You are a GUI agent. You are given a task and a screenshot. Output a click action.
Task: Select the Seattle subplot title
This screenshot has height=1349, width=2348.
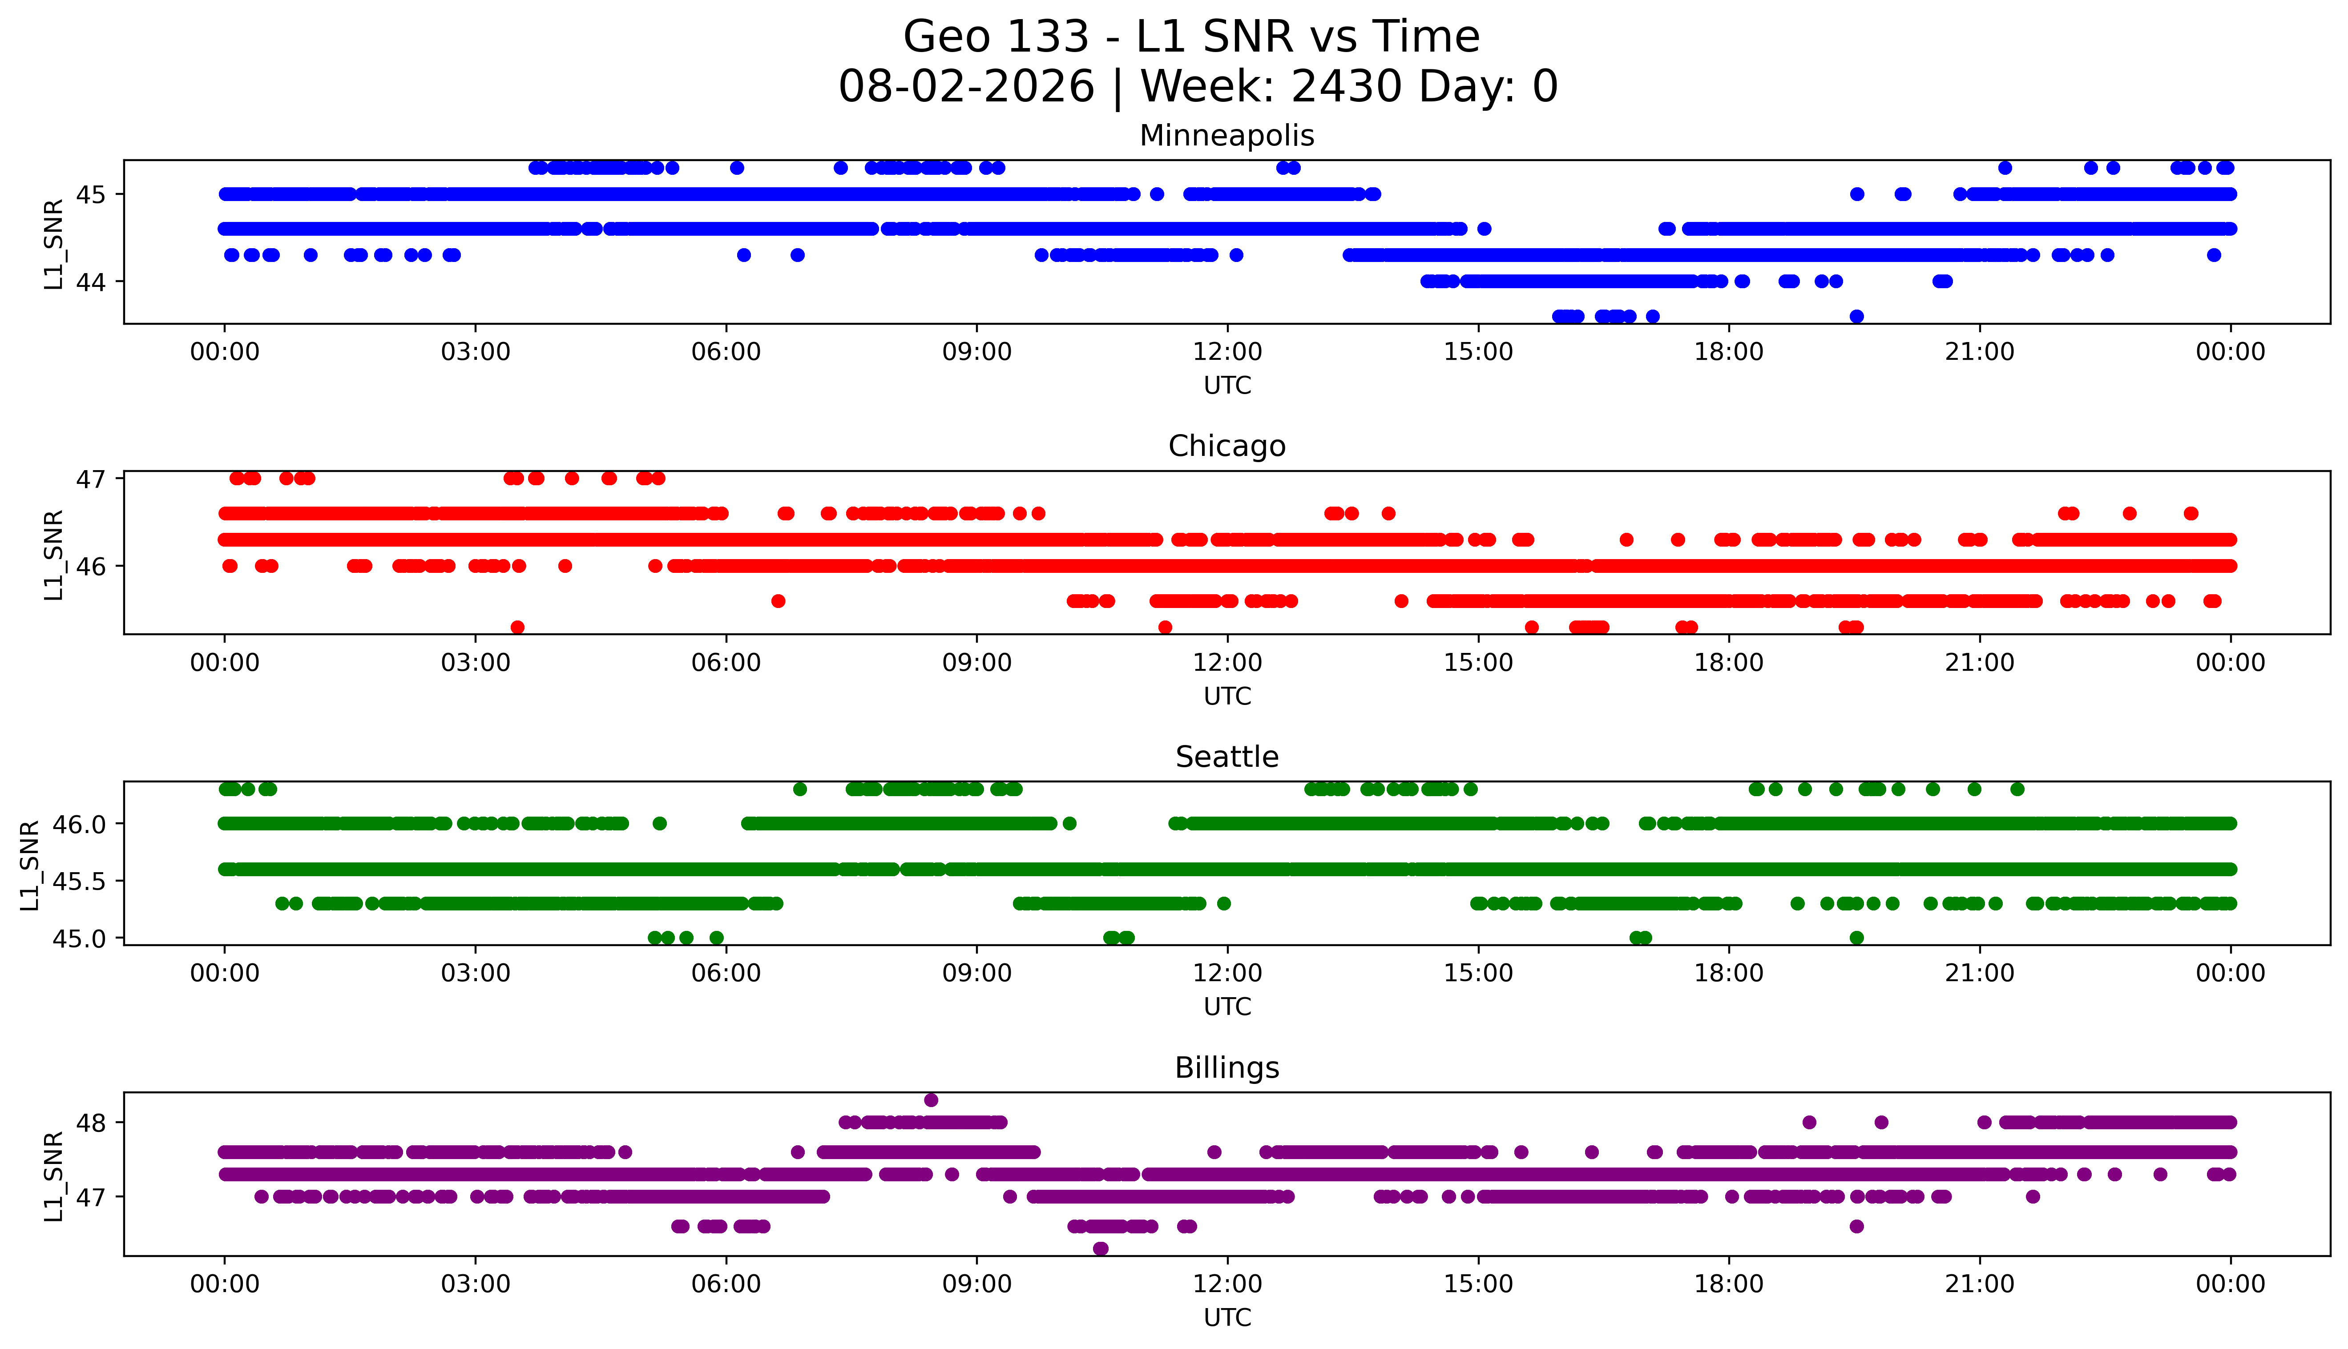coord(1227,757)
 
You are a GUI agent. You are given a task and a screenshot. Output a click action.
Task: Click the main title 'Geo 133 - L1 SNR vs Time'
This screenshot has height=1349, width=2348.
coord(1192,37)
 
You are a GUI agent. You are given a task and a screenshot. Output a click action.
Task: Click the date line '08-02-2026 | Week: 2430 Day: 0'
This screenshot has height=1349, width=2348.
coord(1198,86)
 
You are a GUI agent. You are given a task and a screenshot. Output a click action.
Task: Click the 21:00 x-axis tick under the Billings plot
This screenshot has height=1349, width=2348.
coord(1980,1284)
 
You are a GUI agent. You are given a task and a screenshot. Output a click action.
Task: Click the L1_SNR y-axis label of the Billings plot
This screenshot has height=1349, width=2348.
coord(54,1176)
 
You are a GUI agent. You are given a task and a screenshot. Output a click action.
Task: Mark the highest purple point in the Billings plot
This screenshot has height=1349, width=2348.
coord(931,1100)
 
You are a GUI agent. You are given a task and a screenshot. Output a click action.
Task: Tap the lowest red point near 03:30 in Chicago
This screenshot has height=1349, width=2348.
coord(518,627)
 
